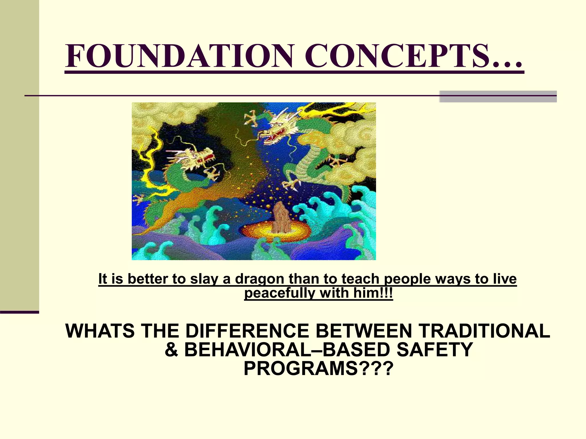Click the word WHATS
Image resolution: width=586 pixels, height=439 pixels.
click(100, 331)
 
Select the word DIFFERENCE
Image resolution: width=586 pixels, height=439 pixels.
click(247, 331)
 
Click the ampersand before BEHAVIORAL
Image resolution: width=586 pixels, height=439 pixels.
click(171, 350)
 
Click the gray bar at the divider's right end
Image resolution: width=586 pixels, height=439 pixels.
click(498, 97)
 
